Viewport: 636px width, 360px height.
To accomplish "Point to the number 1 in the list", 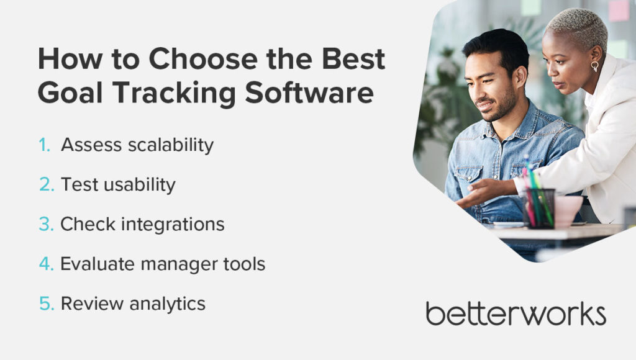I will [43, 145].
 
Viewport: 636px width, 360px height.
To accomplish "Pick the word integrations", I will [174, 225].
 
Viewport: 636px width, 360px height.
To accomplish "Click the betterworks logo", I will [516, 313].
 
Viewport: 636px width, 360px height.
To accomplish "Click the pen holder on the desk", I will [538, 208].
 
